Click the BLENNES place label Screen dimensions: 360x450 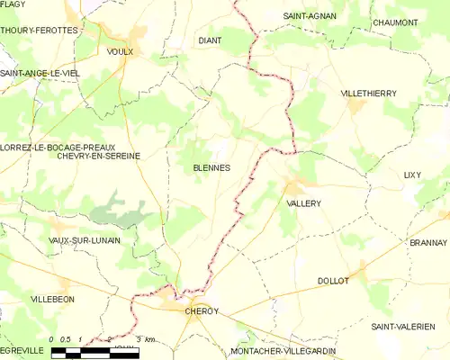211,167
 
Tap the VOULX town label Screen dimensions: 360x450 120,51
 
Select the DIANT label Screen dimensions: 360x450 210,40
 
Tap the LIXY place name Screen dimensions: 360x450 412,175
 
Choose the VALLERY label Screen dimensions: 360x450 303,204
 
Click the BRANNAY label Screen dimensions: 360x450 427,243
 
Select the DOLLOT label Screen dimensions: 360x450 333,282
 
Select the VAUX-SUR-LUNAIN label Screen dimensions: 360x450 85,241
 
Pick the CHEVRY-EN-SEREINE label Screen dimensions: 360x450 98,156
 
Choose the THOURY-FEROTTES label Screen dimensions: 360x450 40,30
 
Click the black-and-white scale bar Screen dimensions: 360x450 94,354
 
